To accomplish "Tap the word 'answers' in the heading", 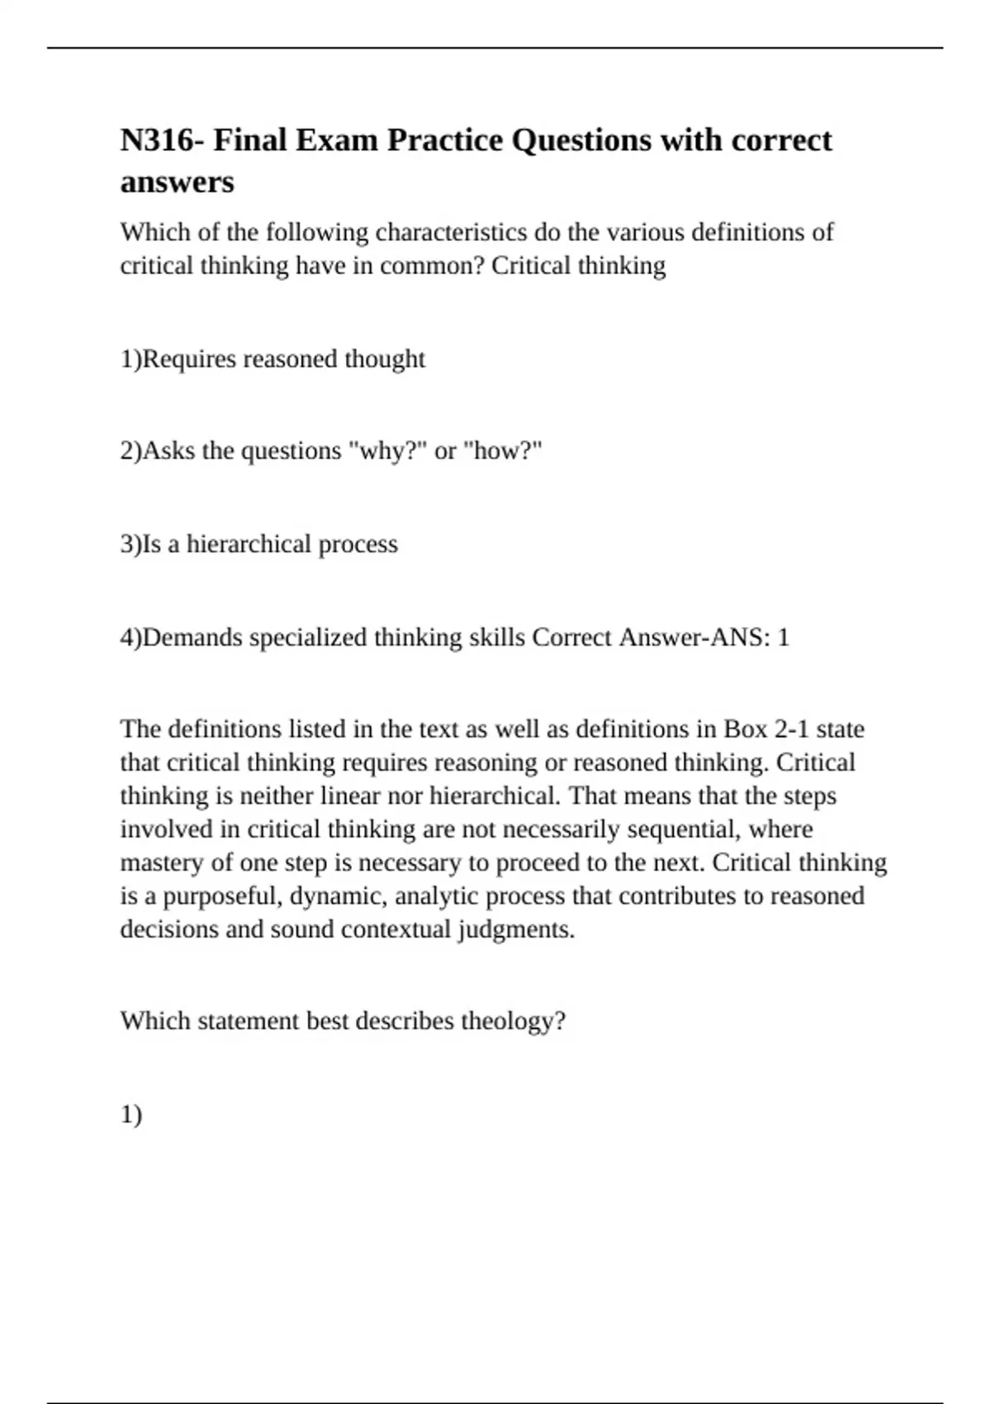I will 177,182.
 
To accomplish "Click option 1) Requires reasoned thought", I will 273,359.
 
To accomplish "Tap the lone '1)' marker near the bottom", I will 131,1115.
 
